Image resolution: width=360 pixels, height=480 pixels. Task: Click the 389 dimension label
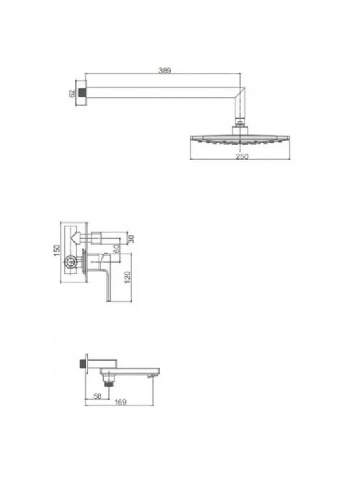coord(165,71)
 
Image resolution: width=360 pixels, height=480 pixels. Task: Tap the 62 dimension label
coord(72,93)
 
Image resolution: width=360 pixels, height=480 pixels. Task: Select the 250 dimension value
coord(242,156)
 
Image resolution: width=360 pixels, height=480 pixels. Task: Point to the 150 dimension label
coord(57,250)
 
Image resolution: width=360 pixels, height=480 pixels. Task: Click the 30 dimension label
coord(131,239)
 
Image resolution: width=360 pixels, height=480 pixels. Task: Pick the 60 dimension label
coord(117,248)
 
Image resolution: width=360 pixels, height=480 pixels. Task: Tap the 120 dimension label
coord(128,277)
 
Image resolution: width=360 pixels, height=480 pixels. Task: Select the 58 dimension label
coord(97,396)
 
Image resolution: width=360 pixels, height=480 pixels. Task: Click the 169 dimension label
coord(121,402)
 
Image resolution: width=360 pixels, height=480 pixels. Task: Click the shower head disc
coord(240,139)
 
